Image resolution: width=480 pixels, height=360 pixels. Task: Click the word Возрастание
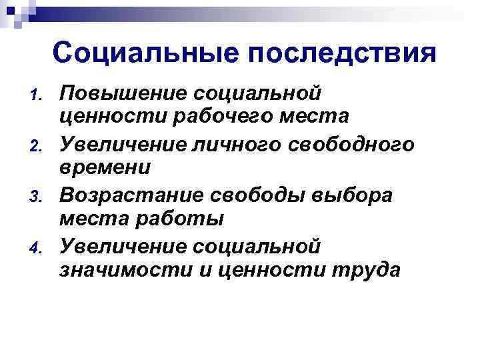pyautogui.click(x=133, y=195)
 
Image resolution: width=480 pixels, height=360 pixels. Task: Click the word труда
pyautogui.click(x=362, y=272)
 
